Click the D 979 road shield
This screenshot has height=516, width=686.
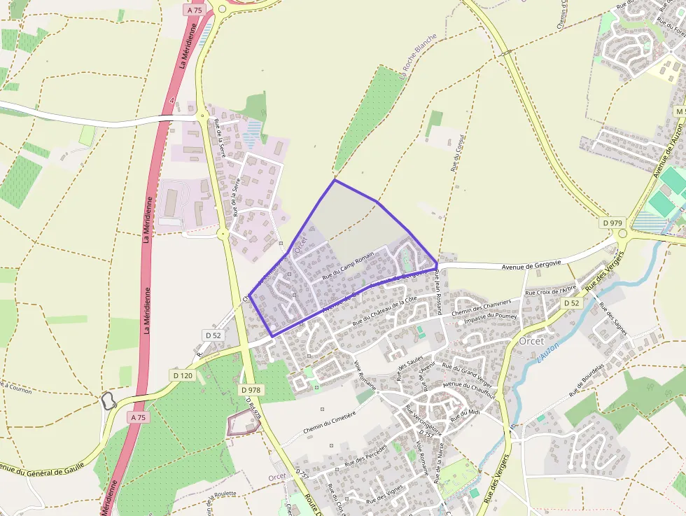coord(612,223)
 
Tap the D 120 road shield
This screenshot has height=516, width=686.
coord(182,375)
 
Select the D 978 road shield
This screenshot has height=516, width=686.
coord(250,389)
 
